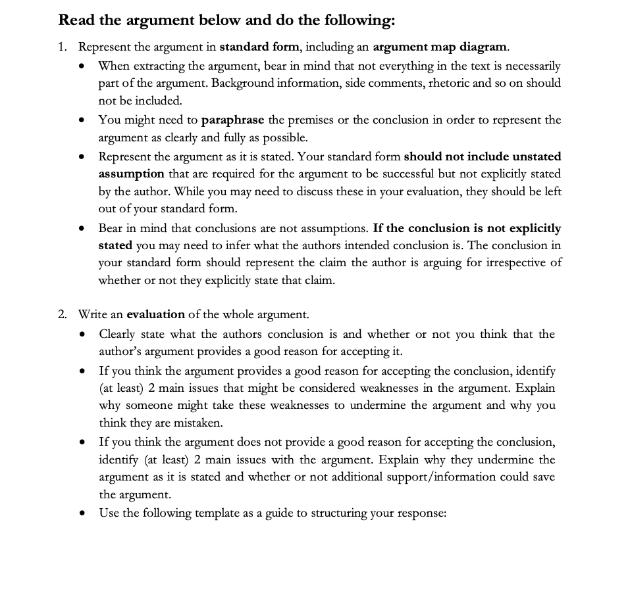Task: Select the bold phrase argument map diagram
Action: (x=440, y=47)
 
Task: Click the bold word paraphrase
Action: (x=232, y=120)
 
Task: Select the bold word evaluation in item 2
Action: (x=155, y=314)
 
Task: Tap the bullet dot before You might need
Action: (x=81, y=120)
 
